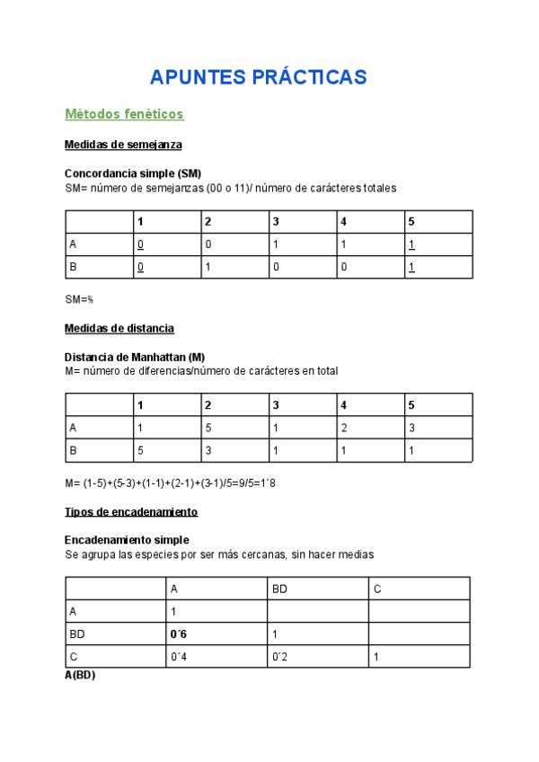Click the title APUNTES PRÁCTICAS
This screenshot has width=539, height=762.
click(258, 77)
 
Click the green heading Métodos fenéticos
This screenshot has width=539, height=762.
click(124, 114)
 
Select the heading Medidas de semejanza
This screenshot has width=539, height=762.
click(124, 145)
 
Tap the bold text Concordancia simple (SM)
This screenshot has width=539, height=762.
click(133, 173)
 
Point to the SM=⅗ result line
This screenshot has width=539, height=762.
click(79, 298)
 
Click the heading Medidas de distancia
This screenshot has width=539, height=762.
click(119, 328)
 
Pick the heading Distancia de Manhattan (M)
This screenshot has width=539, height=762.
click(135, 357)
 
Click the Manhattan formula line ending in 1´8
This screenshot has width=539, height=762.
click(170, 483)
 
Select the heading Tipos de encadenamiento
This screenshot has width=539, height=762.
click(131, 512)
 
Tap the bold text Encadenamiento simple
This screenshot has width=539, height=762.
click(127, 540)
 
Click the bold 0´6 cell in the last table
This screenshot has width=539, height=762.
click(177, 634)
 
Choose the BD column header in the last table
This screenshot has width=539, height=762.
click(279, 589)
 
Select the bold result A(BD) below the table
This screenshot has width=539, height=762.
click(80, 675)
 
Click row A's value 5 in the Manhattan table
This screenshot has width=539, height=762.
click(208, 428)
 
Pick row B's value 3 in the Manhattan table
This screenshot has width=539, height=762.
click(208, 450)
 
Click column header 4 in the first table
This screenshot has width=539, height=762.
click(343, 222)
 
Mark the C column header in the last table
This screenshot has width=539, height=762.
click(378, 589)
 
